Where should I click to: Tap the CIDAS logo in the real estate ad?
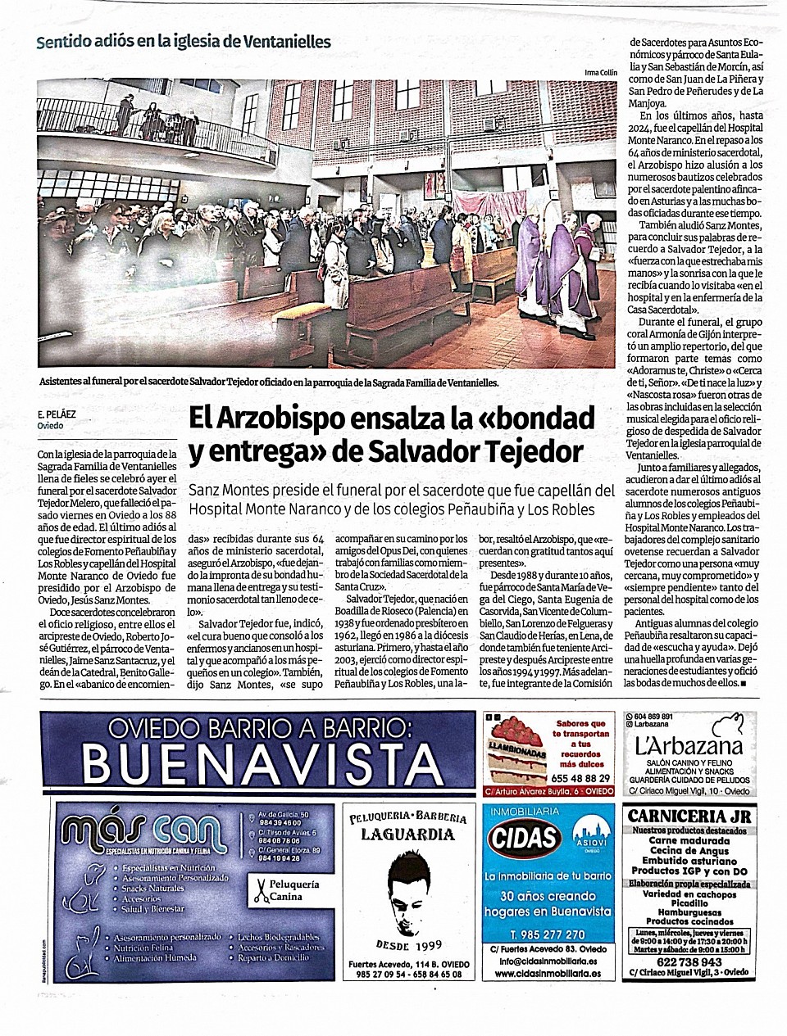[x=524, y=837]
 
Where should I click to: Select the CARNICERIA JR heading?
[x=688, y=816]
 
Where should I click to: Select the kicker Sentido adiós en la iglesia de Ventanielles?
[x=184, y=42]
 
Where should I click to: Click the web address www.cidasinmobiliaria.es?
[x=548, y=974]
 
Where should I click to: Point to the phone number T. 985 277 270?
[x=547, y=934]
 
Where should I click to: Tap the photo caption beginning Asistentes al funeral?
[x=268, y=382]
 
